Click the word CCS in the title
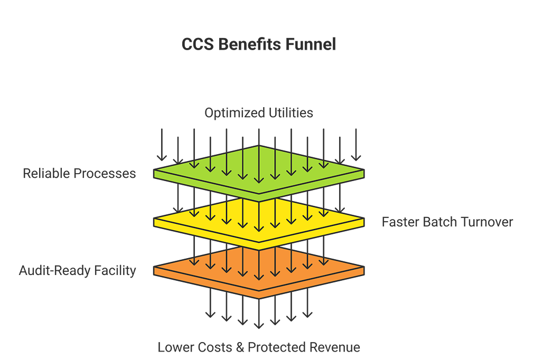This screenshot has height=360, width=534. coord(198,44)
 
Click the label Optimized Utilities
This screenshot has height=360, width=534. coord(259,113)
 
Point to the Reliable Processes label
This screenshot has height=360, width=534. coord(79,173)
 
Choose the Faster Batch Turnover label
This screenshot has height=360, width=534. coord(447,222)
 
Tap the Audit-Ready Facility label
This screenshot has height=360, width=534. coord(78,271)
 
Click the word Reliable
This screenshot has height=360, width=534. coord(44,173)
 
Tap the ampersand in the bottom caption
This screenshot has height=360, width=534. coord(240,347)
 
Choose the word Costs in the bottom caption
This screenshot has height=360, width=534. coord(216,347)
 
